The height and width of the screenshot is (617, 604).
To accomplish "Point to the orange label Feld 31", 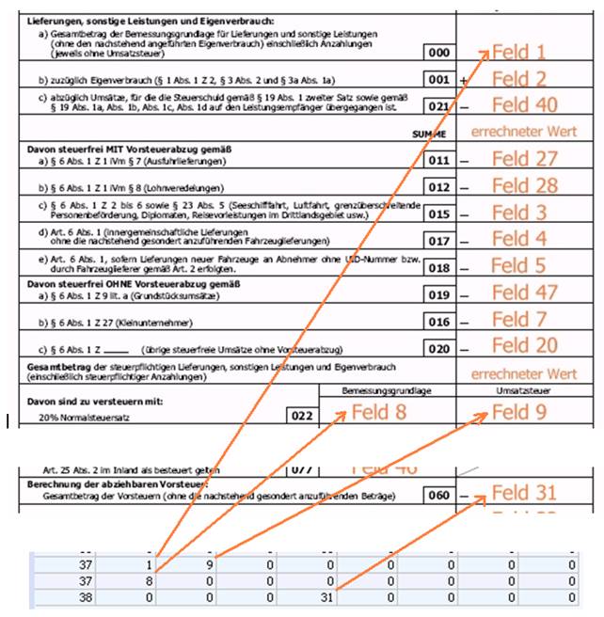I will (524, 493).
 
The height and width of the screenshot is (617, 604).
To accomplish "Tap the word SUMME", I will (428, 134).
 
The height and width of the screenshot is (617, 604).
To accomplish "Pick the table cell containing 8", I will (153, 580).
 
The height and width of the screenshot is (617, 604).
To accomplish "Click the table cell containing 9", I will (213, 565).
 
